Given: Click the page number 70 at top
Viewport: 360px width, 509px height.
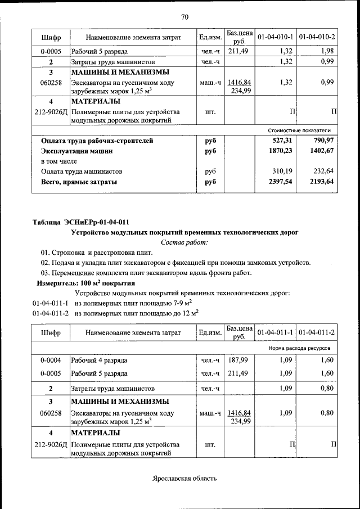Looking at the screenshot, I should [x=184, y=16].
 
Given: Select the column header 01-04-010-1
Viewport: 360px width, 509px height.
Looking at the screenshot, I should [x=276, y=37].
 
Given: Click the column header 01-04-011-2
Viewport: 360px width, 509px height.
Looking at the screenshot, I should [x=317, y=332].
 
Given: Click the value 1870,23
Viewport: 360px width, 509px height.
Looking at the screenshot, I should [x=281, y=151].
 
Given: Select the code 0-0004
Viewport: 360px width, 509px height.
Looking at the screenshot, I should [x=51, y=360].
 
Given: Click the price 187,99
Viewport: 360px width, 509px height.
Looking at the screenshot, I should [x=238, y=360].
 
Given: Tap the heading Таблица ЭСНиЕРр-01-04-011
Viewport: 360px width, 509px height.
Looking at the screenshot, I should [x=84, y=222].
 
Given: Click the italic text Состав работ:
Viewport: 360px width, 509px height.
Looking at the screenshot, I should [x=184, y=242].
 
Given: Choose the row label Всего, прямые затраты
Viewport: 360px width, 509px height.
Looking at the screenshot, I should [x=79, y=182].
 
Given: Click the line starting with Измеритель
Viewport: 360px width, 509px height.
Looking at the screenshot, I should [x=85, y=283].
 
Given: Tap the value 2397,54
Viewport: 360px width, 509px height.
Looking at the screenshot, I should [x=281, y=182].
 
